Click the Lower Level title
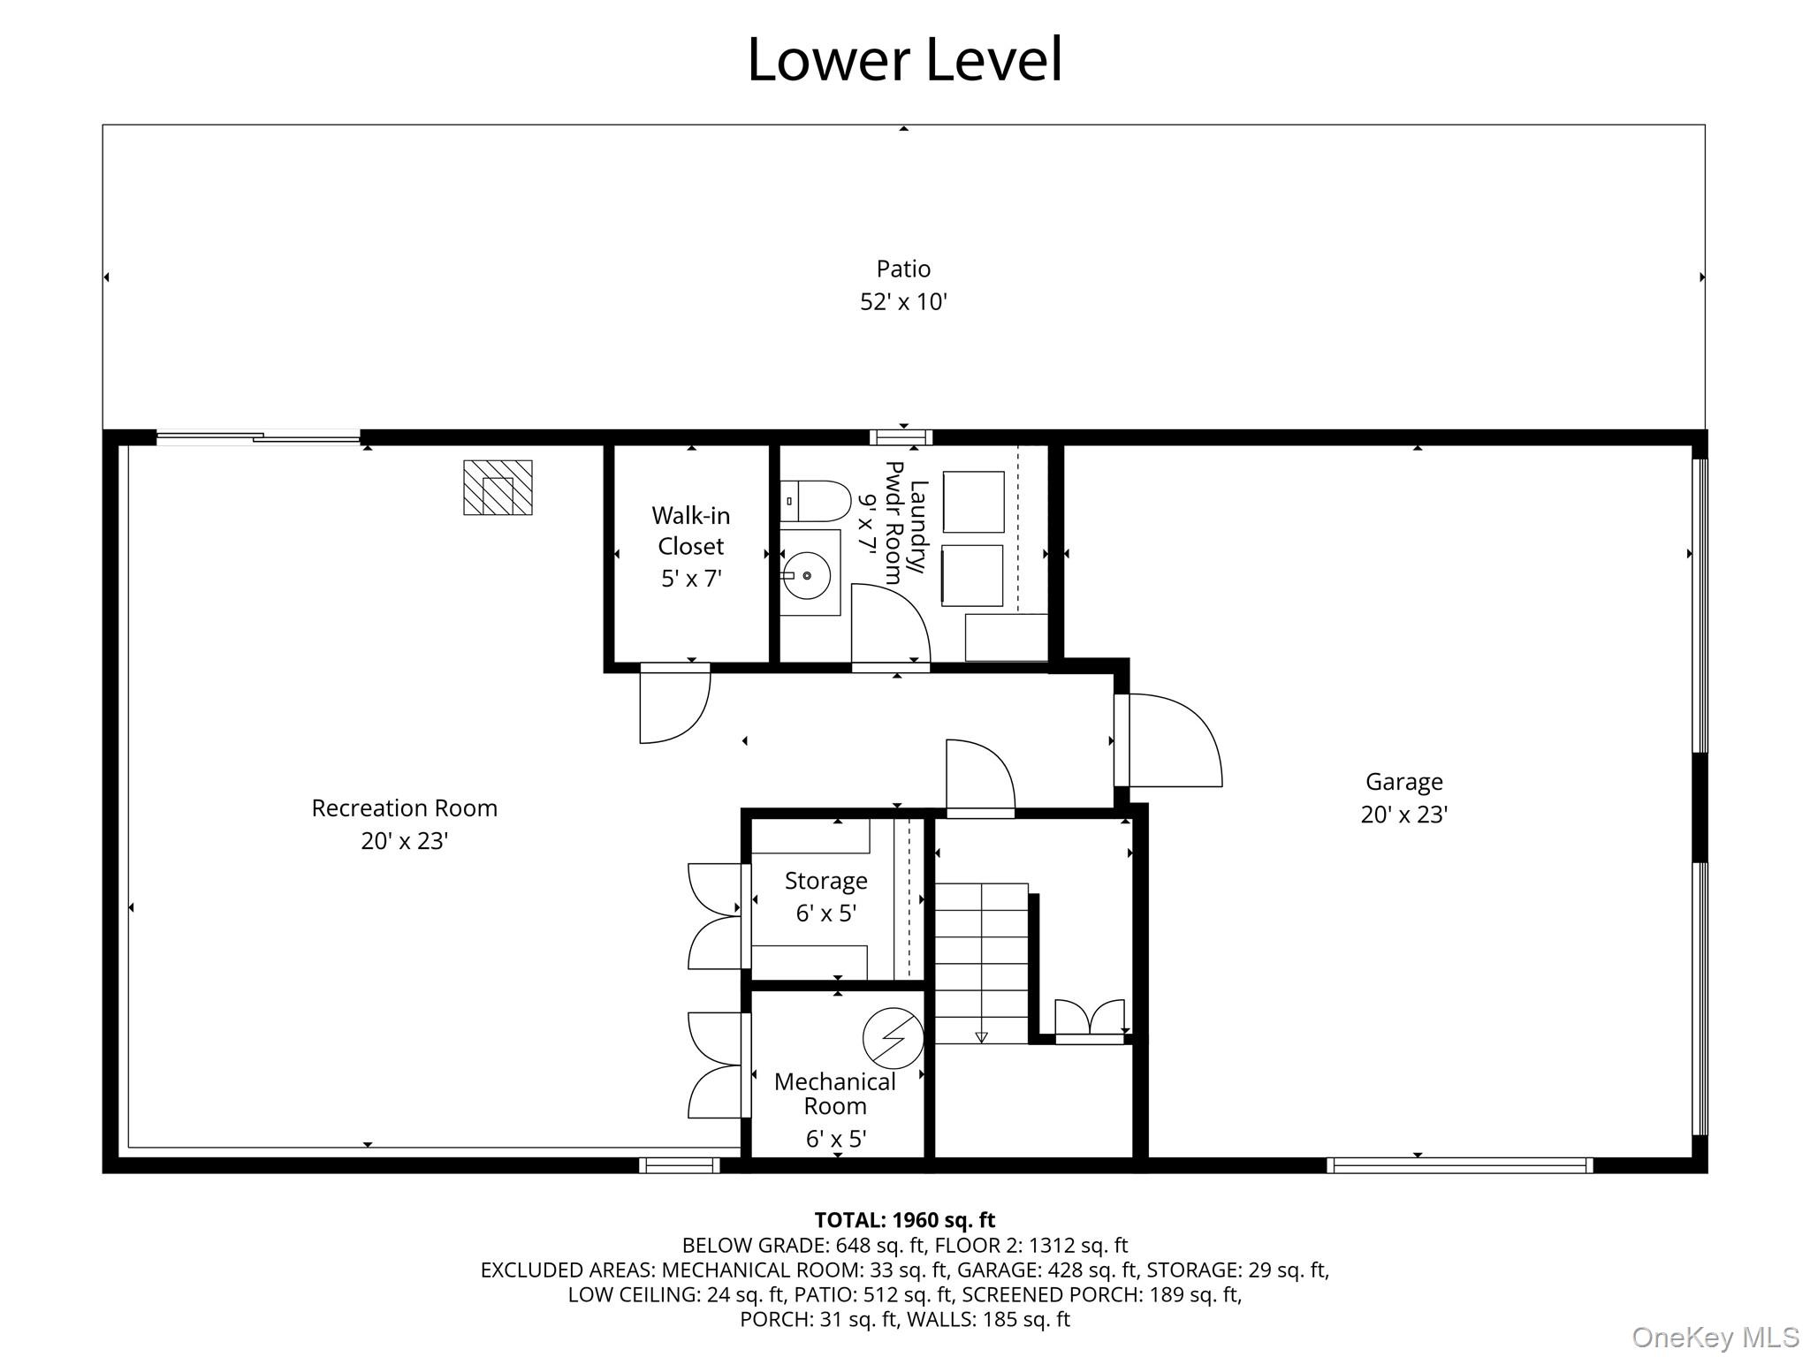(x=904, y=60)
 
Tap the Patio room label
(x=903, y=269)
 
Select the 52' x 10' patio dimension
(x=903, y=302)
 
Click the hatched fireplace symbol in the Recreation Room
(x=498, y=487)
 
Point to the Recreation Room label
(x=404, y=808)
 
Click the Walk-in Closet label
(x=691, y=530)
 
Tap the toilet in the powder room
(x=815, y=501)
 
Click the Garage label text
(x=1403, y=782)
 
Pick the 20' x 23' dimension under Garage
(x=1403, y=815)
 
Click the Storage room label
(x=825, y=881)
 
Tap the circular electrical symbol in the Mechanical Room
(x=893, y=1037)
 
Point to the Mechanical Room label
(x=834, y=1094)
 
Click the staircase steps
(x=982, y=963)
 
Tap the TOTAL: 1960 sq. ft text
(x=904, y=1220)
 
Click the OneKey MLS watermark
(x=1715, y=1337)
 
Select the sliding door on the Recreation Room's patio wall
(x=258, y=436)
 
